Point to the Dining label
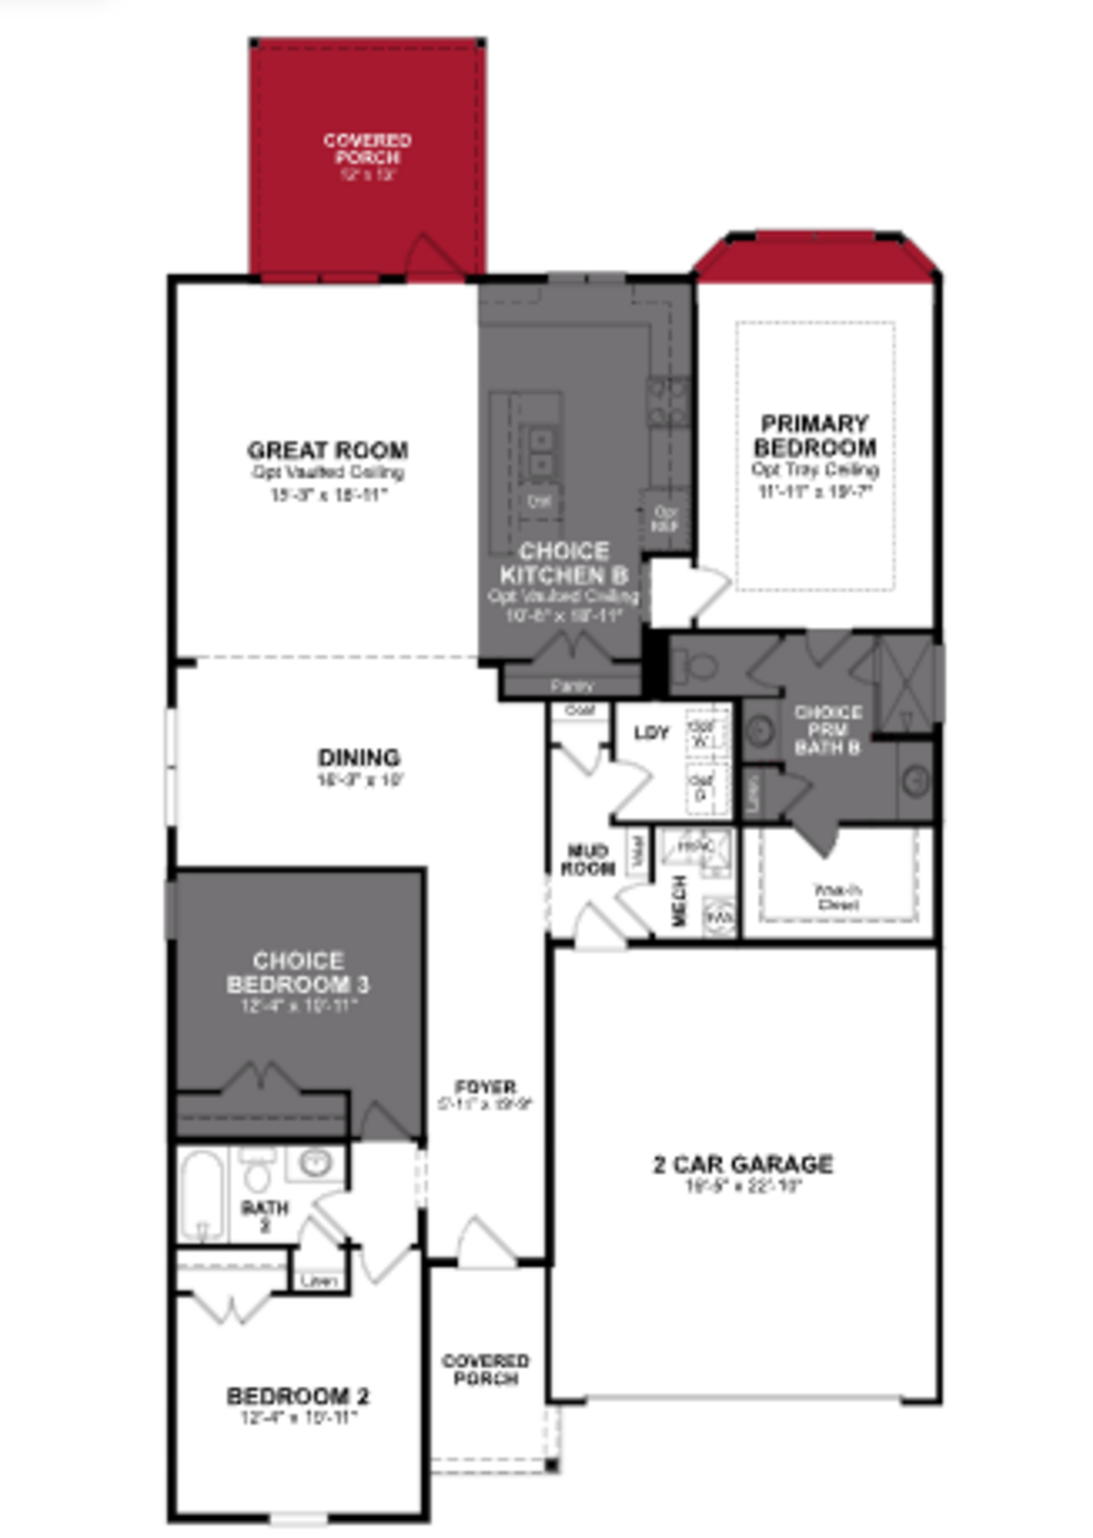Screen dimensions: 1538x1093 click(359, 757)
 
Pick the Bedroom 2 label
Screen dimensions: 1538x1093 click(298, 1396)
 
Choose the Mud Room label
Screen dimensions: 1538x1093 click(587, 860)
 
